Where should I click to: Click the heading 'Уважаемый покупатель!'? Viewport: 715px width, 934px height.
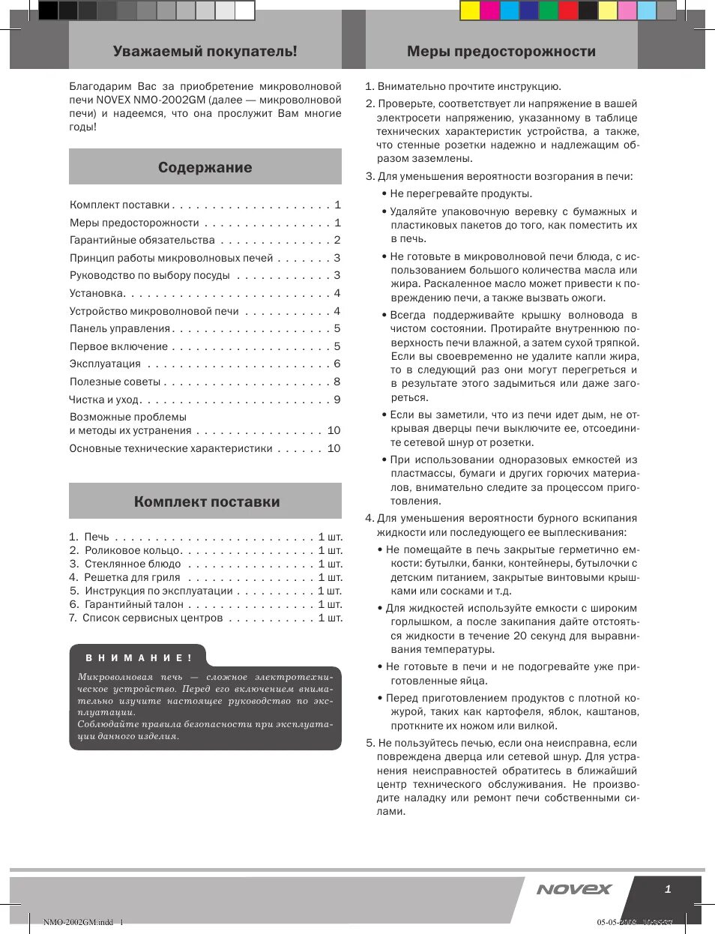(x=205, y=52)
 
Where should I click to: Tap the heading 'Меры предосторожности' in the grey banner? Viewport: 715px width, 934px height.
(x=501, y=52)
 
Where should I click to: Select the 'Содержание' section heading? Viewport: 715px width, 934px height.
(x=205, y=168)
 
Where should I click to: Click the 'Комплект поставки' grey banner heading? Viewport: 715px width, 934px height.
(x=207, y=502)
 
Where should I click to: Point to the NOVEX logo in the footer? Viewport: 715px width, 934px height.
(x=574, y=890)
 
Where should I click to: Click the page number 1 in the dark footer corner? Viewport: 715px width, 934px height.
(x=668, y=890)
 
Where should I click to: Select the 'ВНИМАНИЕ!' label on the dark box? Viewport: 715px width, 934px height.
(x=139, y=658)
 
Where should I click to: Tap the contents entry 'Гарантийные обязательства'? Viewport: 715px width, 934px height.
(x=142, y=241)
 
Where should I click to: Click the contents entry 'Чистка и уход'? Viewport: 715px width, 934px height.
(x=104, y=400)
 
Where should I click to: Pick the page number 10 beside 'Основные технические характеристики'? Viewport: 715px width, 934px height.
(x=334, y=449)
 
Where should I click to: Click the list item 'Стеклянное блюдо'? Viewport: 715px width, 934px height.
(x=133, y=564)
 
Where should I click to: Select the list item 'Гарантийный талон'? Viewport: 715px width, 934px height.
(x=134, y=605)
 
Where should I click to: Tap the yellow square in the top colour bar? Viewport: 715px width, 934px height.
(x=470, y=10)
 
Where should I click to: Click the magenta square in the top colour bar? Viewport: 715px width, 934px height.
(x=489, y=10)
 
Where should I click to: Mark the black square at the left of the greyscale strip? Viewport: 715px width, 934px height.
(x=48, y=10)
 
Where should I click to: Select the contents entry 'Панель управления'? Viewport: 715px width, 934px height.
(x=120, y=329)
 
